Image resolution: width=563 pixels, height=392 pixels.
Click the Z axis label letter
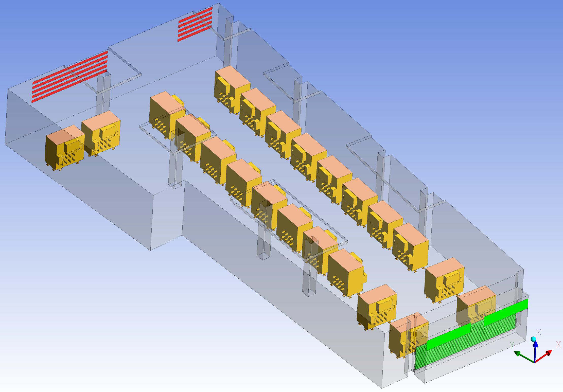[x=539, y=332]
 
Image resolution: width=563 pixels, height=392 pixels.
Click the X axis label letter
[x=558, y=344]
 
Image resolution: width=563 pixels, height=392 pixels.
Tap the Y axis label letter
[x=512, y=345]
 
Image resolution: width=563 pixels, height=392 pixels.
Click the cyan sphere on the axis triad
[x=533, y=339]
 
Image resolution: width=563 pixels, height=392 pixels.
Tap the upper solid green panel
[x=506, y=312]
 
